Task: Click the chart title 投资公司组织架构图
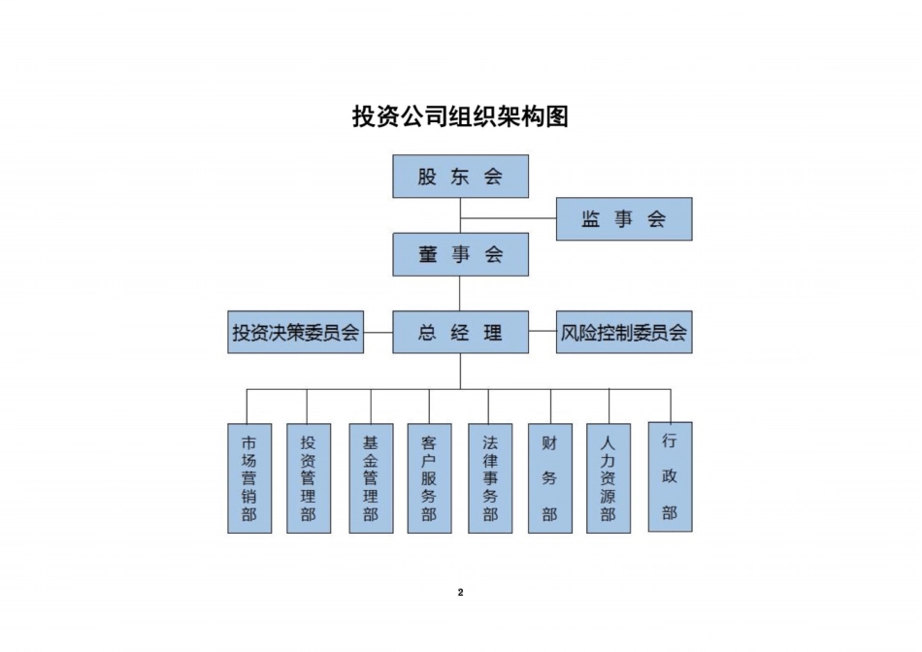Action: [460, 117]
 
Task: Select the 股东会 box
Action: [460, 177]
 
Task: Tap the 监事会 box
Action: [623, 219]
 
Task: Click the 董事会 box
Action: [460, 254]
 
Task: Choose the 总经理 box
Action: [460, 332]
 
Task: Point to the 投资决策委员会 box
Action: [295, 332]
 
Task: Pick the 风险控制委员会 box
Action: [623, 332]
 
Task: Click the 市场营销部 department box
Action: [249, 477]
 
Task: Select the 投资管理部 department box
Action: [308, 477]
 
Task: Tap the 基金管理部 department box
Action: [371, 477]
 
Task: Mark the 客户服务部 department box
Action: [429, 477]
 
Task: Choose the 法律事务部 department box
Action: [490, 477]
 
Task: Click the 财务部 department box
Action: [550, 477]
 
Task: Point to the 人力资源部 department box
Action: [609, 477]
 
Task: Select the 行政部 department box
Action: [670, 476]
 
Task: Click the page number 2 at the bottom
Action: [460, 593]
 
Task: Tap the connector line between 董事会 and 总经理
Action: [460, 293]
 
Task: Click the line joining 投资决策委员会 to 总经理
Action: [379, 332]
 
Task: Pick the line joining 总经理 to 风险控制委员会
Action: [543, 332]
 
